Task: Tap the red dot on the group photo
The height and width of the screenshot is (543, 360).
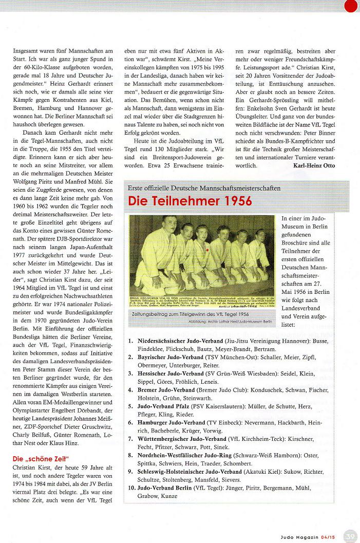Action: (206, 250)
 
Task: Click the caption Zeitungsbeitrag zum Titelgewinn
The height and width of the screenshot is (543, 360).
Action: (175, 314)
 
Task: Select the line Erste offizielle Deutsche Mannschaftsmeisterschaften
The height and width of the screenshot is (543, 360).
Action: (204, 188)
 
